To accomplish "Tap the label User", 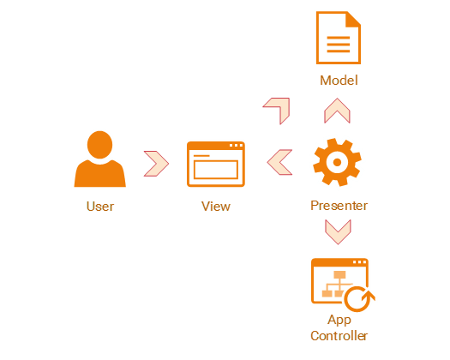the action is pos(100,207).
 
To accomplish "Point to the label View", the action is pos(216,207).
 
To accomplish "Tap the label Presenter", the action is pos(339,206).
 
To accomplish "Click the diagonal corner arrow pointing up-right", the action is pos(283,104).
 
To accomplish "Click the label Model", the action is pos(339,81).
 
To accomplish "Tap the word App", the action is pos(339,320).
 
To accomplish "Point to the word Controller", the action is pos(339,336).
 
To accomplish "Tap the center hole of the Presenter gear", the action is pos(337,162).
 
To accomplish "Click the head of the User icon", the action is pos(99,145).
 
